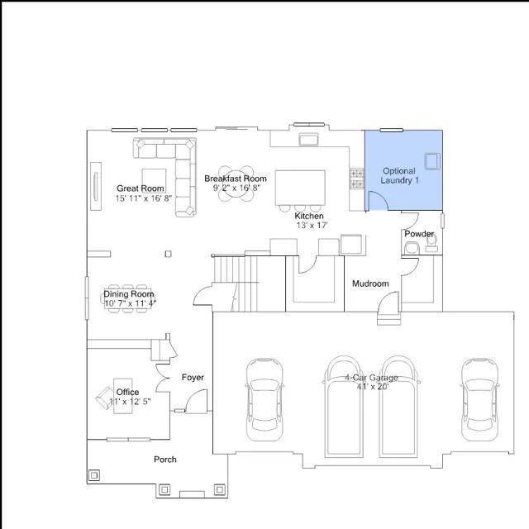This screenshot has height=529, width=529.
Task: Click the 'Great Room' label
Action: tap(141, 188)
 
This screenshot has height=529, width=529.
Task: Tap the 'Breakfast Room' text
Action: tap(236, 179)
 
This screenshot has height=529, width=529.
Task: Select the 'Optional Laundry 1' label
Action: tap(399, 176)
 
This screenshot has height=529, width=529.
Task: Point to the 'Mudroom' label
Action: tap(370, 284)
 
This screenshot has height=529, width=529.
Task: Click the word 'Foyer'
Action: tap(193, 377)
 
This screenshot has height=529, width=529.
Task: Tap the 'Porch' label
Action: tap(165, 460)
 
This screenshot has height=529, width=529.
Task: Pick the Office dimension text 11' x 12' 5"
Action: tap(131, 402)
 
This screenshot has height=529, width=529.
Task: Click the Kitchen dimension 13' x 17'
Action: tap(312, 226)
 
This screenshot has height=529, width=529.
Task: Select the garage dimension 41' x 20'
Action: tap(373, 387)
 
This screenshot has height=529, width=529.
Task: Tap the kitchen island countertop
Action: tap(300, 188)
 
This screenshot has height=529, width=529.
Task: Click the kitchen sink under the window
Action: tap(308, 140)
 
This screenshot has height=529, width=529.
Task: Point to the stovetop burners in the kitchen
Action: tap(356, 179)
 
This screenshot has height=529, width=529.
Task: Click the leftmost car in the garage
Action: tap(264, 399)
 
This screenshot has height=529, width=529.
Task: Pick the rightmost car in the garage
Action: tap(479, 399)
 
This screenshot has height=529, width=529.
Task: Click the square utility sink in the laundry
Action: tap(432, 161)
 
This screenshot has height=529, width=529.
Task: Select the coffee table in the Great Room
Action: tap(154, 181)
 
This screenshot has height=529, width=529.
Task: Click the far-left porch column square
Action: tap(94, 475)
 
